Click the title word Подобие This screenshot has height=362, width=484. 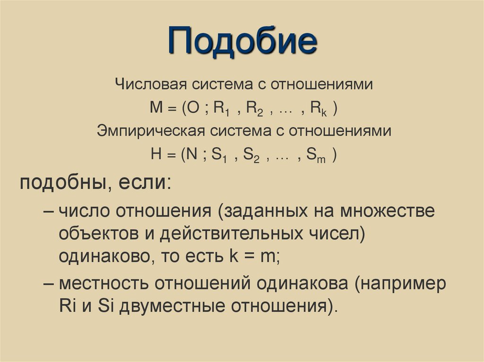coord(242,42)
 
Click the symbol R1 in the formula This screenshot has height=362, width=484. coord(221,109)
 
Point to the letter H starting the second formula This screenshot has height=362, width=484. coord(156,154)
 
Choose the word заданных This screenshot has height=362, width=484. coord(265,211)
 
